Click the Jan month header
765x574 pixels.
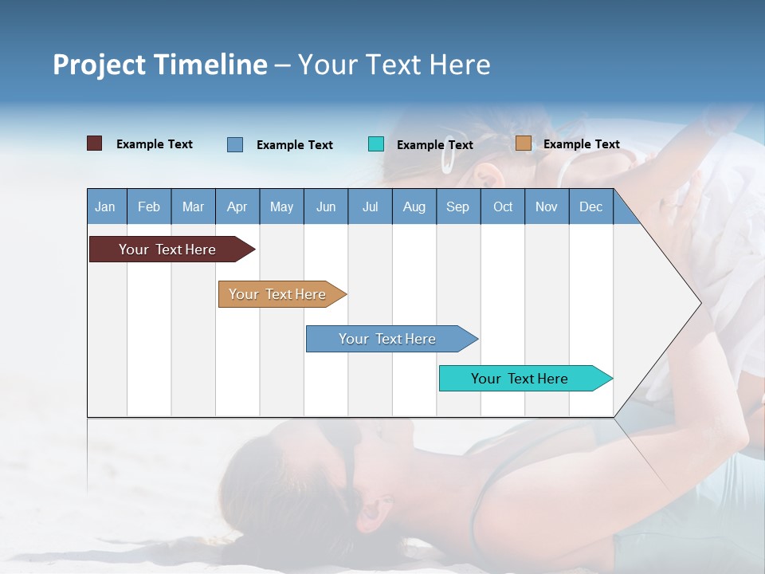click(105, 206)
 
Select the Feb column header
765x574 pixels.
click(149, 206)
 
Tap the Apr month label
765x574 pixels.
click(237, 206)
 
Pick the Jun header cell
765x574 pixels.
click(326, 206)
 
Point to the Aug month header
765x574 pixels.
click(414, 206)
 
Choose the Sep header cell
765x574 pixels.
click(457, 206)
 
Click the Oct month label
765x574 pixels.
click(503, 206)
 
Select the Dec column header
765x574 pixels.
click(590, 206)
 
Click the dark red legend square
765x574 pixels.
click(94, 143)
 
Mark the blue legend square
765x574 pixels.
click(235, 144)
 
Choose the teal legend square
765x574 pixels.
click(376, 144)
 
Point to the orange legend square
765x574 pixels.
click(523, 143)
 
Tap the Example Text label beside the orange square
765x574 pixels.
click(581, 144)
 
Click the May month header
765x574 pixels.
click(281, 206)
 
